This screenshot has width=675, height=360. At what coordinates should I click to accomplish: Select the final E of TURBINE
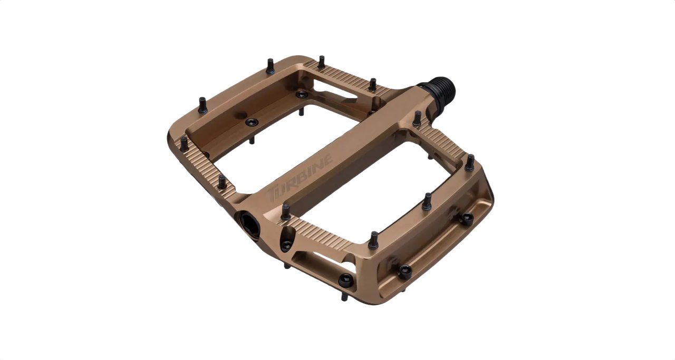(327, 159)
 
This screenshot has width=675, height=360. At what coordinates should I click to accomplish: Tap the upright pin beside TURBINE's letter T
(286, 211)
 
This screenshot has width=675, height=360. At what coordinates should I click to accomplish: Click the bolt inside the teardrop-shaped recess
(286, 245)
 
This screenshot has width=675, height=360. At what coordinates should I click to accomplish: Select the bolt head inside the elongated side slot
(346, 280)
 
